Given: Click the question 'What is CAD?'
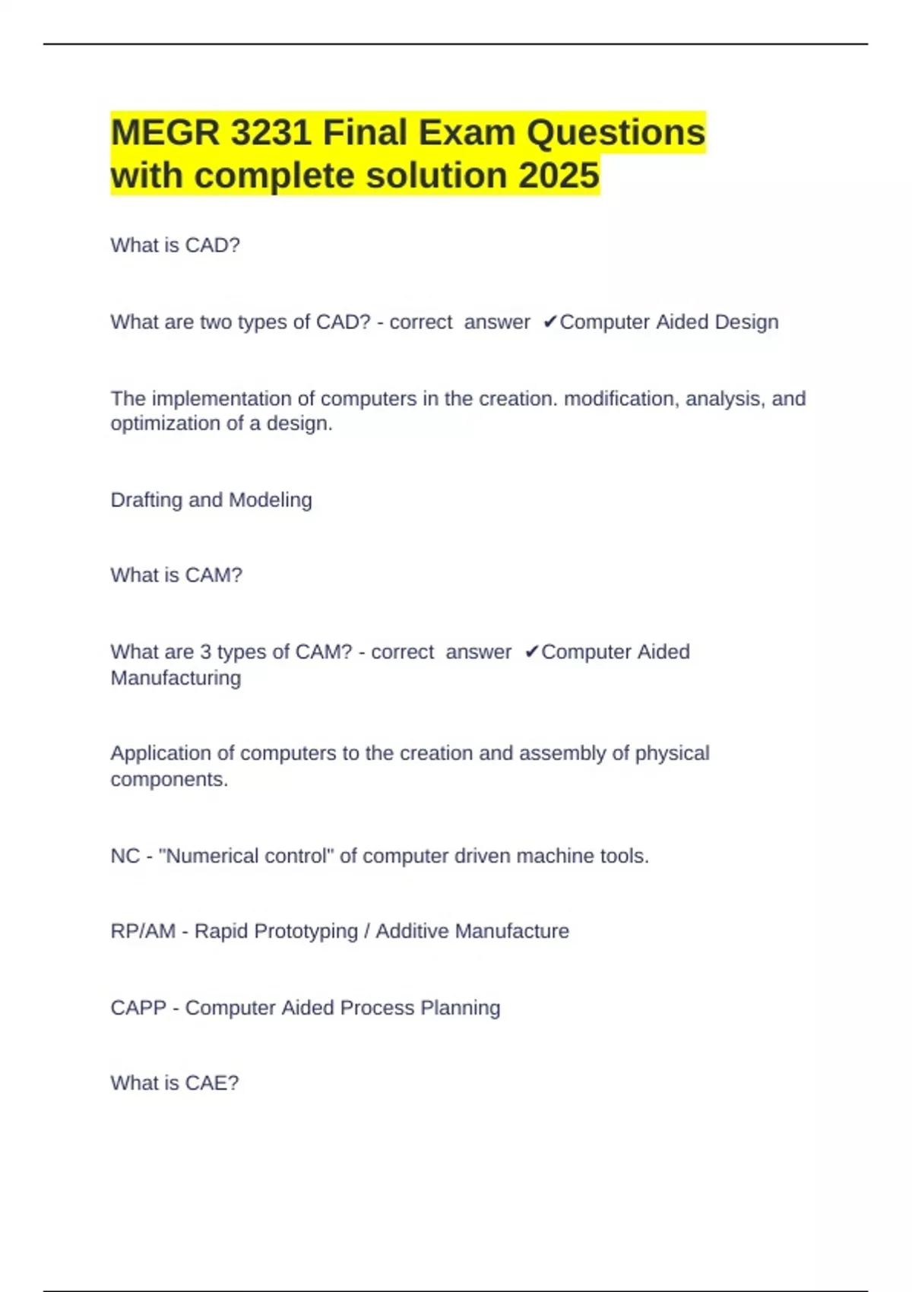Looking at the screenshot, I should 175,245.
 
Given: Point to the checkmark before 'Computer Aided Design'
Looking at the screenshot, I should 550,322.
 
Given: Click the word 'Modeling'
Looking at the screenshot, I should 270,500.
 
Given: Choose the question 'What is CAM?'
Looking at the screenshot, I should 176,575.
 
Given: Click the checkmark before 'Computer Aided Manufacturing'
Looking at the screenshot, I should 532,652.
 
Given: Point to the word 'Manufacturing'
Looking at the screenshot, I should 176,678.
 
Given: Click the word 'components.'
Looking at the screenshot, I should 169,780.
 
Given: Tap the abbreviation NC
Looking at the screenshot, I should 125,857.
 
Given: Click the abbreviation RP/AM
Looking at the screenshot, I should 143,932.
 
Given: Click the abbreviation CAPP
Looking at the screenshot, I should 138,1009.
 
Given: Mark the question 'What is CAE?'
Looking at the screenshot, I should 175,1083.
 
